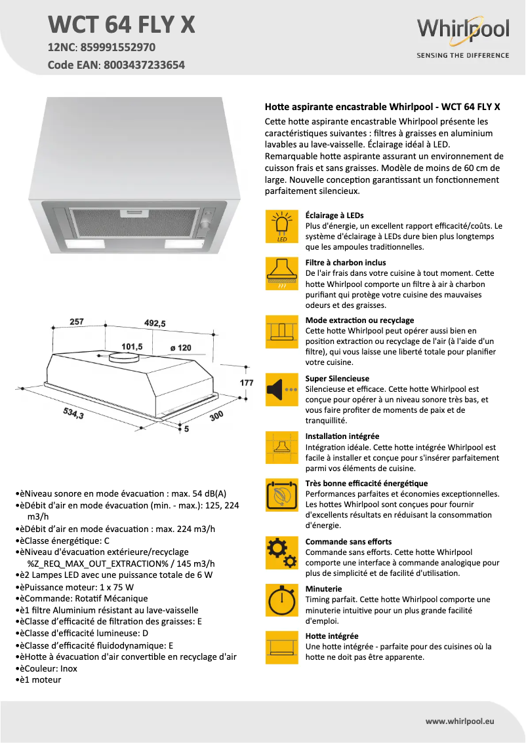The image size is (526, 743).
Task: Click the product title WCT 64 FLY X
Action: pos(122,24)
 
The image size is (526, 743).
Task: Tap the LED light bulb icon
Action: pos(282,227)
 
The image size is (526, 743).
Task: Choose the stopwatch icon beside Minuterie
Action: pos(282,599)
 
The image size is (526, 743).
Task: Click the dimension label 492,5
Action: pos(155,323)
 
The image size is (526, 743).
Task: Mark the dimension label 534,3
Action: pos(73,413)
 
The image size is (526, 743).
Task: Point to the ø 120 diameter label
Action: pos(180,348)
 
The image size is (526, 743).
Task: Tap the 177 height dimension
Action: pos(246,382)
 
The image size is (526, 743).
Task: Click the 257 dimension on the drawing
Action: pos(77,322)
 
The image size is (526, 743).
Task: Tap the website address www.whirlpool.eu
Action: pos(460,721)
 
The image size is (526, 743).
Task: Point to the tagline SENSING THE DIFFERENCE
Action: pos(462,56)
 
